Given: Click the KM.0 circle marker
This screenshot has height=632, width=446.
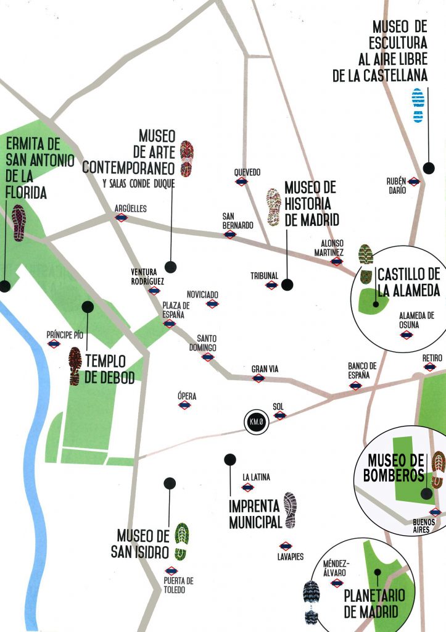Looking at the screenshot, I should coord(255,422).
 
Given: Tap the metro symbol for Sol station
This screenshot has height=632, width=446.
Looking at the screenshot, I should coord(279,416).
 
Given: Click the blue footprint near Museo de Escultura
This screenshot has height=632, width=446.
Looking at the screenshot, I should coord(418,106).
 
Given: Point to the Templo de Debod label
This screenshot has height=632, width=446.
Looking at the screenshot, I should coord(109,369).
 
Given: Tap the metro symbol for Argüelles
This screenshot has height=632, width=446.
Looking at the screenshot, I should coord(122,218).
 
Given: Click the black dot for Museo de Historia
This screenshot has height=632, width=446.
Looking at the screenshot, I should coord(286,285).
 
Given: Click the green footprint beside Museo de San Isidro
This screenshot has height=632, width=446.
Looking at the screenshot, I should coord(181,541).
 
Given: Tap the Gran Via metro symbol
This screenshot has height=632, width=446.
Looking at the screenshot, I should coord(258,378).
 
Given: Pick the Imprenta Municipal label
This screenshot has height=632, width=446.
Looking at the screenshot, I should coord(254,513).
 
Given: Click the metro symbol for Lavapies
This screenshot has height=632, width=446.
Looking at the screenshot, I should coord(285,546).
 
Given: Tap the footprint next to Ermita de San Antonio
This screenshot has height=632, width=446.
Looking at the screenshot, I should coord(19,223).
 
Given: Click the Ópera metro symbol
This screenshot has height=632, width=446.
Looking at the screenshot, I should coord(184,405).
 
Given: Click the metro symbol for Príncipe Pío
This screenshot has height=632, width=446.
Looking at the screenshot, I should coord(54,344).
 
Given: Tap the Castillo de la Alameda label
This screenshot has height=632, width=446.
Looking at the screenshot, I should coord(408,282).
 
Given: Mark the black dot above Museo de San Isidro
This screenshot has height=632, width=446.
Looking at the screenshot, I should coord(170,483).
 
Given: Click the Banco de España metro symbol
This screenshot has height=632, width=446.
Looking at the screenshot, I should coord(355,386).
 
